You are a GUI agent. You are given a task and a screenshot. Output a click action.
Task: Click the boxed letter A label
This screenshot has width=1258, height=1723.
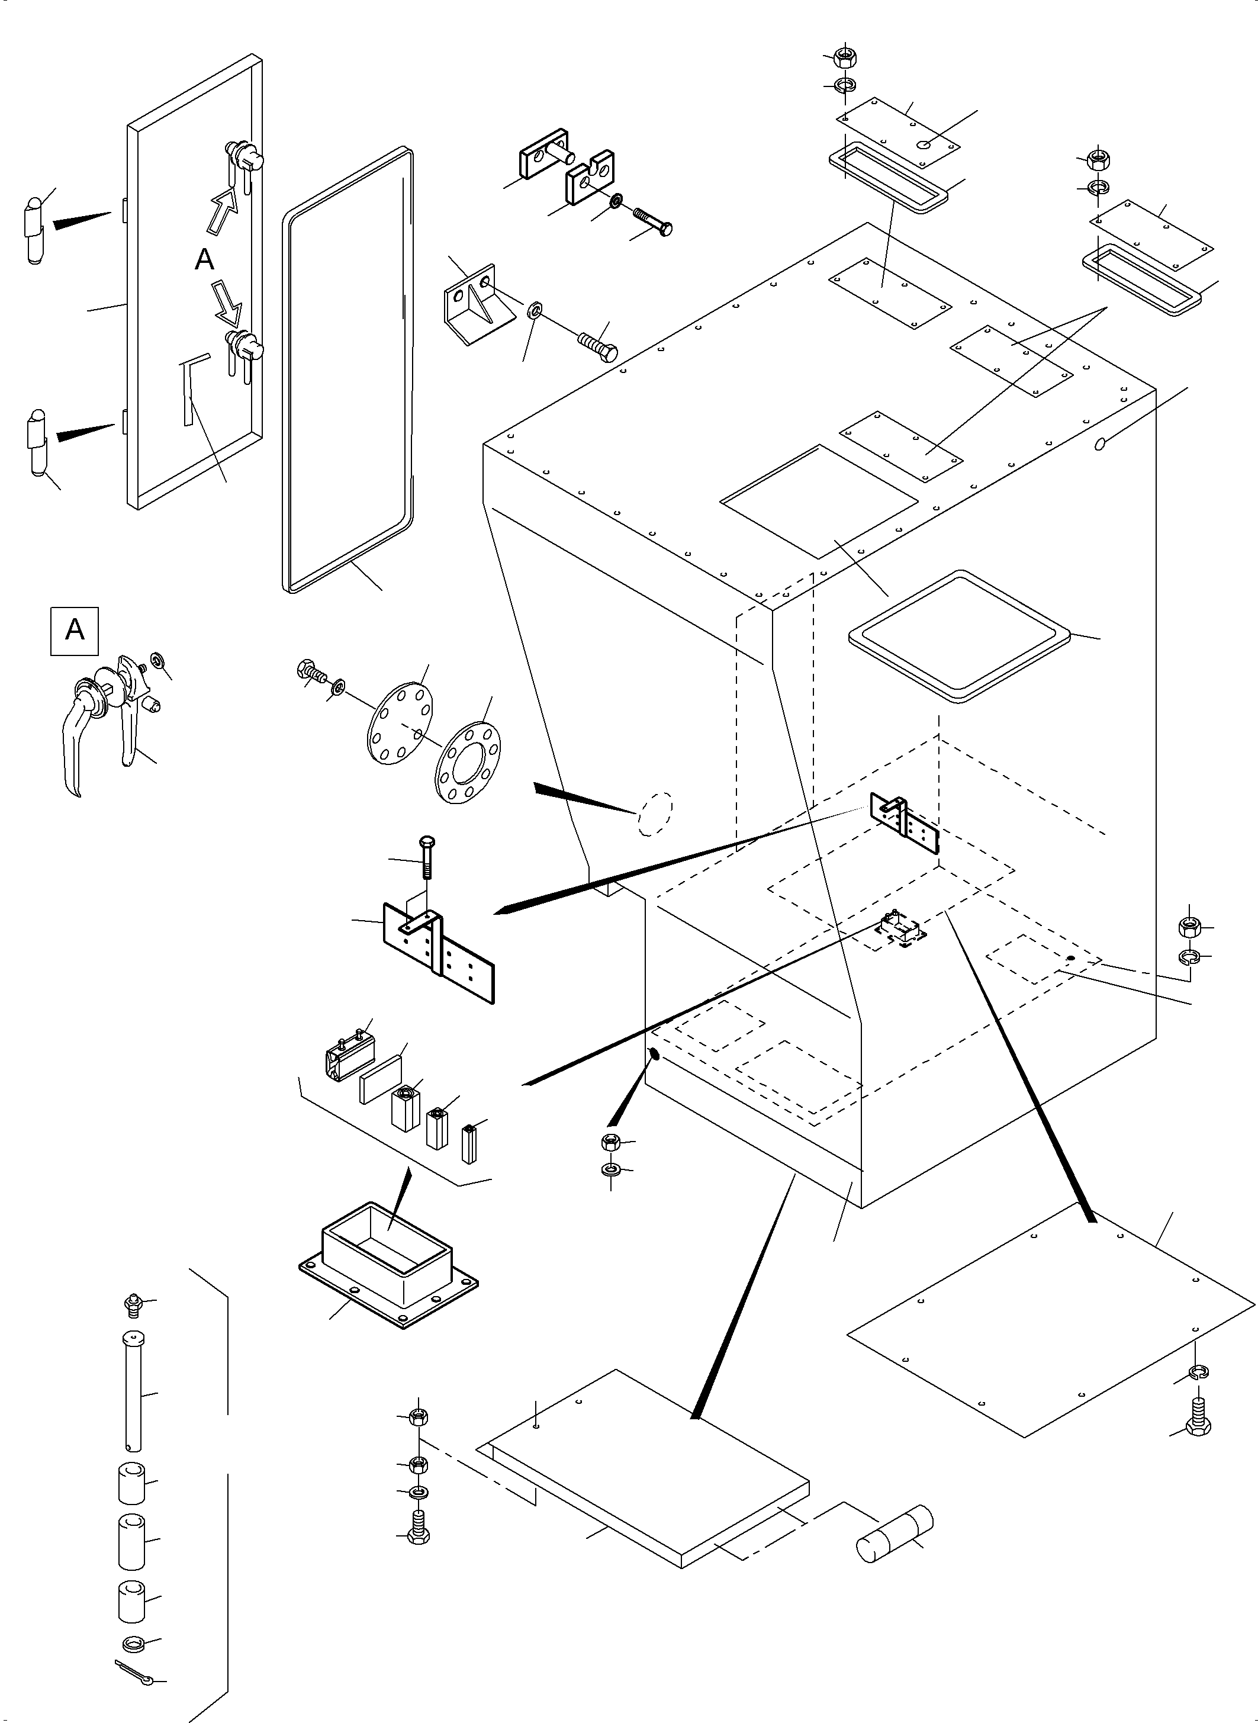coord(75,630)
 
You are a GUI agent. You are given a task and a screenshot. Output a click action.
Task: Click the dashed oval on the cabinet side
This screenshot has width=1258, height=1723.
coord(655,814)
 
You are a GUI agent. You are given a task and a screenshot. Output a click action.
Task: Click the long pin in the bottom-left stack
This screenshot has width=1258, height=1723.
coord(133,1391)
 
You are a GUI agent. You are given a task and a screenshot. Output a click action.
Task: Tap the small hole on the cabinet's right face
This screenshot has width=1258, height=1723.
coord(1099,443)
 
